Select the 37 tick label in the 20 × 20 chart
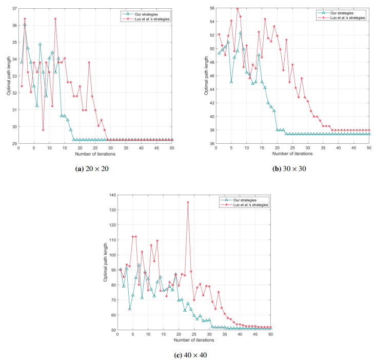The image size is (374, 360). [x=13, y=8]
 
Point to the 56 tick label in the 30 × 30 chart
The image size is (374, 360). [x=211, y=8]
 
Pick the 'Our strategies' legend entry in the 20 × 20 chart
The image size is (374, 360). [x=146, y=13]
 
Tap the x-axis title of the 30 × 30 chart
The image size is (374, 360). [x=291, y=153]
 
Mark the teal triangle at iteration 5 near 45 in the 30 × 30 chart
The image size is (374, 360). [x=231, y=82]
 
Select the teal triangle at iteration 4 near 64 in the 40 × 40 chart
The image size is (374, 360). [x=130, y=308]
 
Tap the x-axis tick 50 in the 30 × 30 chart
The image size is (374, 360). [x=369, y=148]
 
